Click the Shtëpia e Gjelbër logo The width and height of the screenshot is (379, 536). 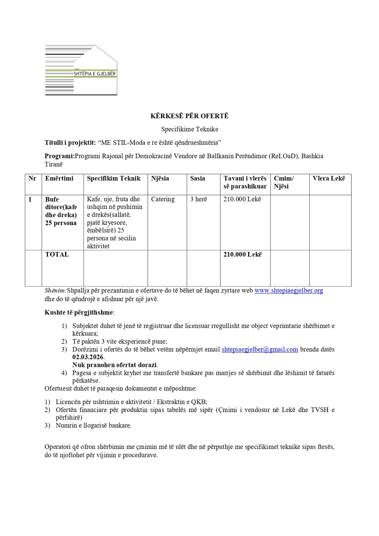pyautogui.click(x=81, y=70)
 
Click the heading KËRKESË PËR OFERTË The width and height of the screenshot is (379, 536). pyautogui.click(x=189, y=116)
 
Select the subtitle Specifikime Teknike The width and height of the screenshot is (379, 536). pyautogui.click(x=189, y=129)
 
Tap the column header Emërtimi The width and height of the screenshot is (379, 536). pyautogui.click(x=59, y=178)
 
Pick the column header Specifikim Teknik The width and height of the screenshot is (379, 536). pyautogui.click(x=114, y=178)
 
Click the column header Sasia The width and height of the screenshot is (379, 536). pyautogui.click(x=197, y=178)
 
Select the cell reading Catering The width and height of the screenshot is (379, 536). pyautogui.click(x=163, y=199)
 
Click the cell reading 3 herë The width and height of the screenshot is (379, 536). pyautogui.click(x=198, y=199)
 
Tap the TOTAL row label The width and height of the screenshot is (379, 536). pyautogui.click(x=57, y=254)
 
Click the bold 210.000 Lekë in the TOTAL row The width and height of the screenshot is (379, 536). pyautogui.click(x=242, y=254)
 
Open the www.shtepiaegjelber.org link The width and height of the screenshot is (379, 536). pyautogui.click(x=289, y=290)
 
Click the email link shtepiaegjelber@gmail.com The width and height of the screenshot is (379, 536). pyautogui.click(x=260, y=349)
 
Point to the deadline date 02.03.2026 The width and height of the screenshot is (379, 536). pyautogui.click(x=88, y=357)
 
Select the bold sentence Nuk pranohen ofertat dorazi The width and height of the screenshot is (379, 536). pyautogui.click(x=115, y=365)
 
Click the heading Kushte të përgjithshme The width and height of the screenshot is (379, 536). pyautogui.click(x=79, y=312)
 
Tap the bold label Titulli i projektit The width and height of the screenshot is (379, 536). pyautogui.click(x=70, y=142)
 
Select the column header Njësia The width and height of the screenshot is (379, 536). pyautogui.click(x=160, y=178)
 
